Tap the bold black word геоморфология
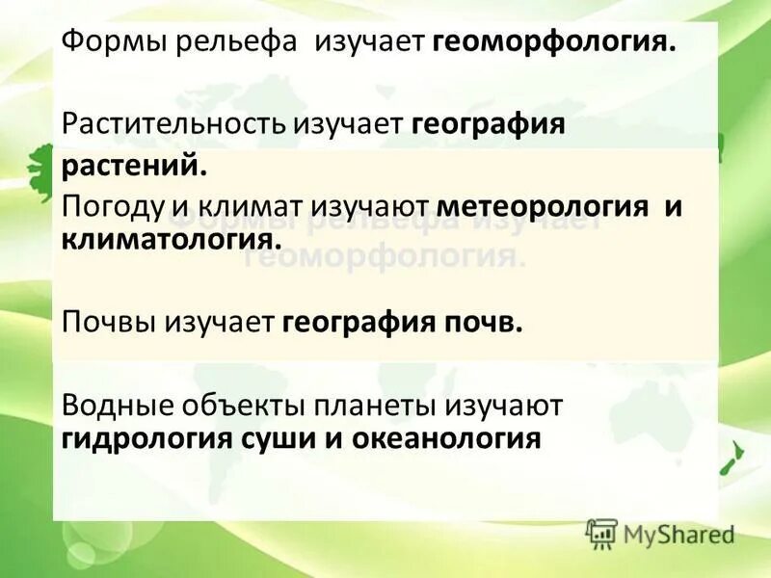click(554, 42)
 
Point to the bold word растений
click(135, 166)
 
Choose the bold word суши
click(303, 438)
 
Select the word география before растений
click(488, 124)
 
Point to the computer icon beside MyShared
click(601, 534)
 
